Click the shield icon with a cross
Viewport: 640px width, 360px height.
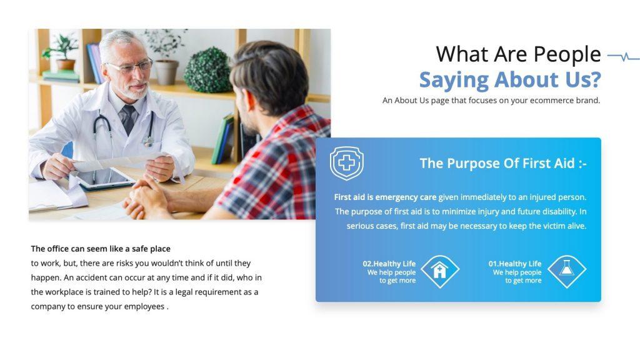coord(347,164)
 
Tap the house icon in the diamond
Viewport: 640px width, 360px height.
coord(440,271)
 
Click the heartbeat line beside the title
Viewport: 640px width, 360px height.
coord(623,57)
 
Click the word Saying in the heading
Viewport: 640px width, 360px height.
coord(454,80)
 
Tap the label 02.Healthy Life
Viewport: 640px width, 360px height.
coord(389,264)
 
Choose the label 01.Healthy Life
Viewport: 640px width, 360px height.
coord(515,264)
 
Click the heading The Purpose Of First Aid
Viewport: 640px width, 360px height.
coord(503,164)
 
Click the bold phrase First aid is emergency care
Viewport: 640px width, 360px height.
coord(385,197)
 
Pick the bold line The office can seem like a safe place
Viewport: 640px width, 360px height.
coord(101,248)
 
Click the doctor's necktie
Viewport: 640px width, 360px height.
coord(129,119)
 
